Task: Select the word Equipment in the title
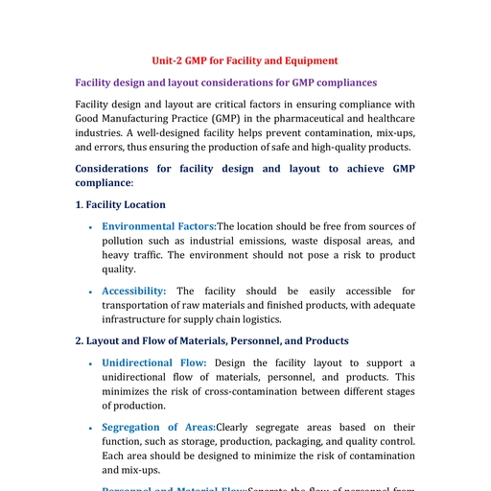[x=311, y=60]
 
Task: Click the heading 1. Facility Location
[x=120, y=204]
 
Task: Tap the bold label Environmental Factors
[x=160, y=226]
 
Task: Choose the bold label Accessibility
[x=134, y=291]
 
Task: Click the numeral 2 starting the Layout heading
[x=78, y=340]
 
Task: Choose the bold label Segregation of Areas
[x=158, y=427]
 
